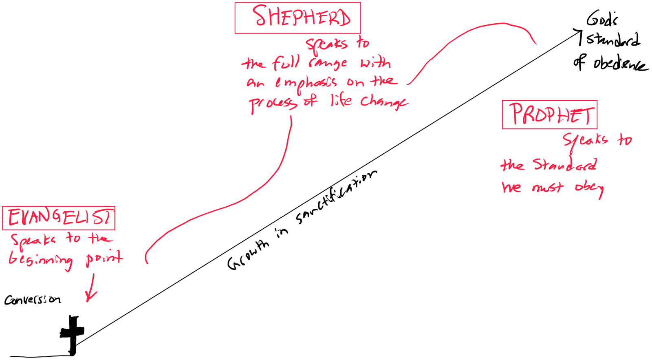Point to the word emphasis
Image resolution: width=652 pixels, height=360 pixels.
[306, 83]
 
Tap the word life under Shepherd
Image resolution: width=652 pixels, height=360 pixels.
[341, 100]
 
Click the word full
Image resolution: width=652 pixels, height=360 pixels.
[286, 63]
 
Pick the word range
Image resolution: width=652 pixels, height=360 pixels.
[328, 63]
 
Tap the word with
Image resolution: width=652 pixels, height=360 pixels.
[375, 63]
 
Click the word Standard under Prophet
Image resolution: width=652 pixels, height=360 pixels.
[565, 165]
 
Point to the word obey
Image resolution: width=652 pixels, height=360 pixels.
[589, 188]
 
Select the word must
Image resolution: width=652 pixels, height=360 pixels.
[548, 188]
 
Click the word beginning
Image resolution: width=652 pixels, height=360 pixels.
[41, 260]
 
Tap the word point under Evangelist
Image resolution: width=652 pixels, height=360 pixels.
[104, 259]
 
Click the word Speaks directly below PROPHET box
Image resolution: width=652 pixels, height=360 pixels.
[585, 140]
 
